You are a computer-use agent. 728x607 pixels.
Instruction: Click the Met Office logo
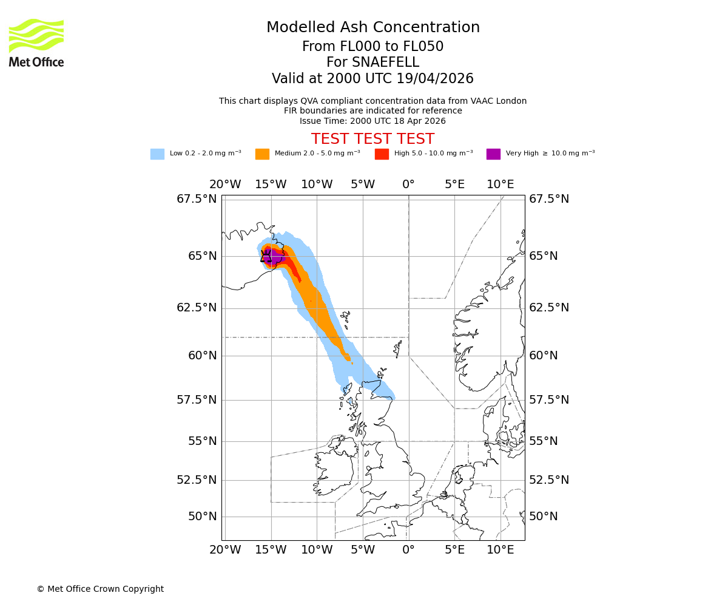point(36,42)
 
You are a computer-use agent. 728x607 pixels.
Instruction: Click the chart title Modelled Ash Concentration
point(372,27)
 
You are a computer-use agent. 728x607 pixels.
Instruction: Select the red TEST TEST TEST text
point(372,139)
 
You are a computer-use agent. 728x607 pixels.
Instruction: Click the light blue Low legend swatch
point(157,154)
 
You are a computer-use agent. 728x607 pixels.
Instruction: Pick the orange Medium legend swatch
point(262,154)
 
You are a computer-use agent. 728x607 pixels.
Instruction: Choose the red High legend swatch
point(382,154)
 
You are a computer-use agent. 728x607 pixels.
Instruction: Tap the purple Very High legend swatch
point(493,154)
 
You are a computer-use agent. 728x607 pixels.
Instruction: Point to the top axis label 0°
point(408,185)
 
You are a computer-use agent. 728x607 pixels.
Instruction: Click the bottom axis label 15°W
point(271,550)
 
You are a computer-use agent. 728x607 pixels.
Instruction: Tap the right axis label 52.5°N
point(549,480)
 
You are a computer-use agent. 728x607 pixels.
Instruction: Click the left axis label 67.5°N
point(197,199)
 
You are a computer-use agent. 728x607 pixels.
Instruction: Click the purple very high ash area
point(275,257)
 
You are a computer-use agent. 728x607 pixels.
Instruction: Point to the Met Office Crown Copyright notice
point(100,589)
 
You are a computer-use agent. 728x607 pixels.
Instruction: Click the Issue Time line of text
point(372,121)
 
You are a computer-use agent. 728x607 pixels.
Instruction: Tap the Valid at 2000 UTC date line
point(372,79)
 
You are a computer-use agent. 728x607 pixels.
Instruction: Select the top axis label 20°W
point(225,185)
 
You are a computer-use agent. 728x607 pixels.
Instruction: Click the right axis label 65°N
point(544,256)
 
